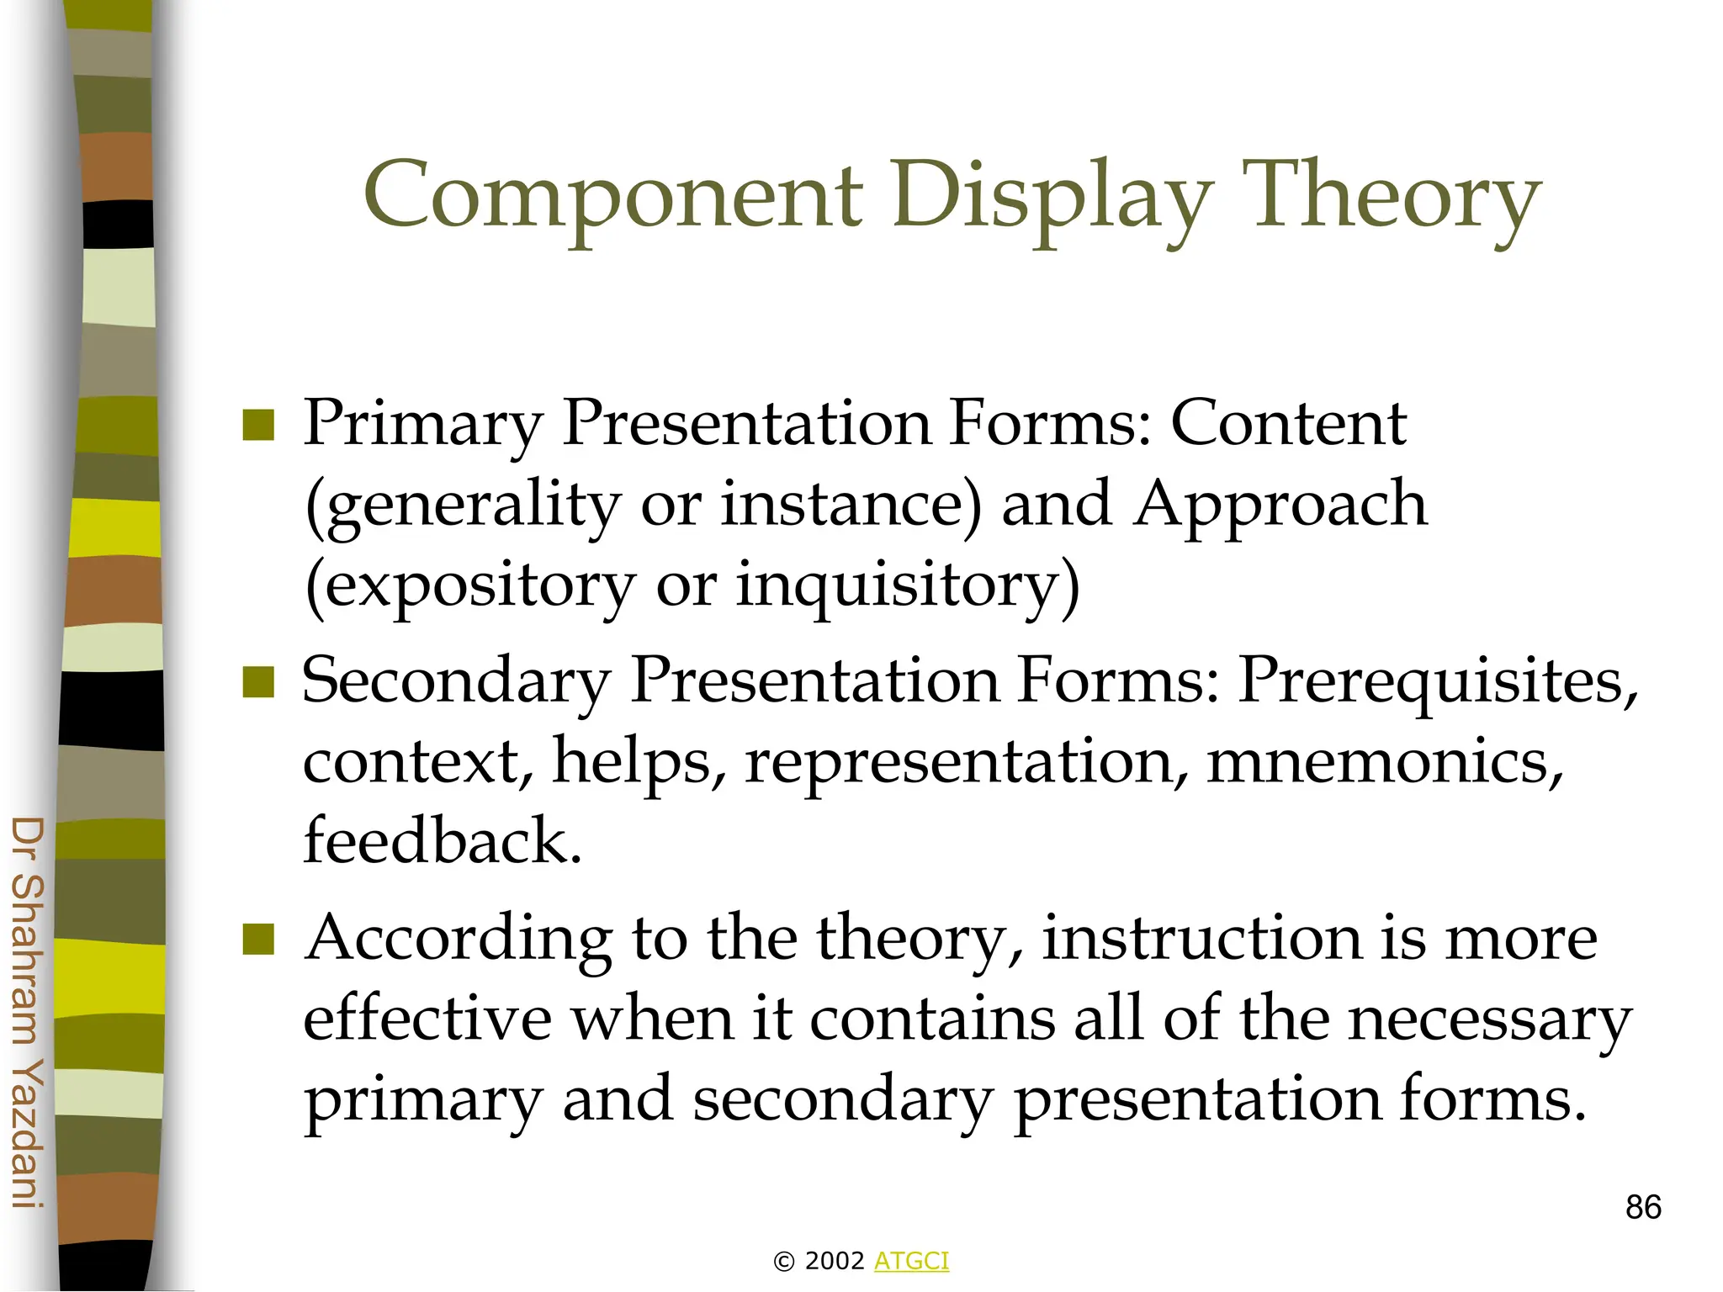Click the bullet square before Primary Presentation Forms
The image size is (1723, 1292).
coord(258,425)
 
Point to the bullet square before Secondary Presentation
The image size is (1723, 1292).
coord(258,682)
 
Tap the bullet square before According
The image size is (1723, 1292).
coord(258,940)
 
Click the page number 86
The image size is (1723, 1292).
coord(1643,1207)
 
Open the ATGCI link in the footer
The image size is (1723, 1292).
coord(911,1261)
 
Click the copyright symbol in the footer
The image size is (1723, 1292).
coord(783,1262)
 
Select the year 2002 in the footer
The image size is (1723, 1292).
coord(835,1261)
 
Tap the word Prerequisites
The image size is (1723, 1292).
coord(1437,680)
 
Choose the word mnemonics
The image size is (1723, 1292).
coord(1384,760)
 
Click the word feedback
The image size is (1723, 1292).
coord(442,840)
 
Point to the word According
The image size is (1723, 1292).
coord(459,940)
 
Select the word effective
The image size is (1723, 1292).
coord(427,1018)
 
